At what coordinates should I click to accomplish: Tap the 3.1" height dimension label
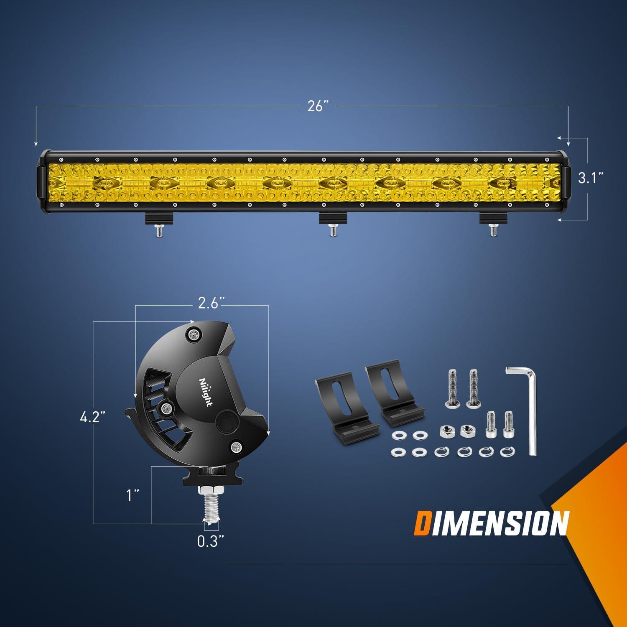click(591, 178)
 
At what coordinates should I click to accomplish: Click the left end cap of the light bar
click(43, 181)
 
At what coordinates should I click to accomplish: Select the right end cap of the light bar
click(566, 181)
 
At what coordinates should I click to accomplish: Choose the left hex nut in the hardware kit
click(444, 431)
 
